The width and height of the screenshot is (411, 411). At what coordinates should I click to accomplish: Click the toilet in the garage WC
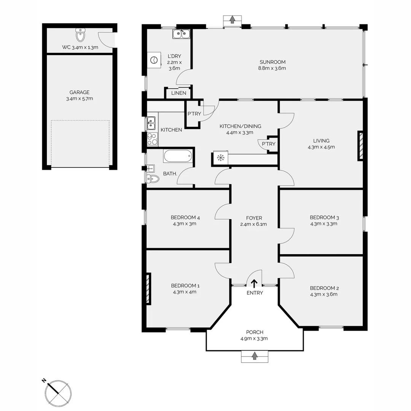pyautogui.click(x=80, y=35)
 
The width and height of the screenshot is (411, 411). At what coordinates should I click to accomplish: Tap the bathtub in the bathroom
pyautogui.click(x=178, y=156)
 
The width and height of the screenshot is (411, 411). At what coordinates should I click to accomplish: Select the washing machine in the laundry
pyautogui.click(x=154, y=60)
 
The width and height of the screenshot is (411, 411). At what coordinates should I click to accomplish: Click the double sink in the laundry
pyautogui.click(x=181, y=33)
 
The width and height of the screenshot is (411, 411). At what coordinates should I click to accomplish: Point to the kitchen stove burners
pyautogui.click(x=153, y=139)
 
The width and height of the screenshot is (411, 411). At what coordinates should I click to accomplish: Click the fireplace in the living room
pyautogui.click(x=360, y=145)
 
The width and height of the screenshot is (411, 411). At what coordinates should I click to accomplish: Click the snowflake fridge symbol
pyautogui.click(x=220, y=158)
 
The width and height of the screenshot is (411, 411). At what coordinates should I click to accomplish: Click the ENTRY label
pyautogui.click(x=255, y=293)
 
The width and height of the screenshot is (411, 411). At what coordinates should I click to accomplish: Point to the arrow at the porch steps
pyautogui.click(x=254, y=356)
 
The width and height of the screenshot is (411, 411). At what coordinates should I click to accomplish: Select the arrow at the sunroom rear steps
pyautogui.click(x=232, y=20)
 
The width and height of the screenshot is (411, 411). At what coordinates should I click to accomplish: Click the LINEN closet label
pyautogui.click(x=179, y=93)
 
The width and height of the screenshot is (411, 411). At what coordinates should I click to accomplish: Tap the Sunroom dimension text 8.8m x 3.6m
pyautogui.click(x=272, y=68)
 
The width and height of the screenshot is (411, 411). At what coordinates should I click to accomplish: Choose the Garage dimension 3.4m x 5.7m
pyautogui.click(x=80, y=99)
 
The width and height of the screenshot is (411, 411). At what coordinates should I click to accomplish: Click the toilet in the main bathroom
pyautogui.click(x=153, y=179)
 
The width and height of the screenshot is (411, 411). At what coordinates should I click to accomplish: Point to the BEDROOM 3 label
pyautogui.click(x=324, y=217)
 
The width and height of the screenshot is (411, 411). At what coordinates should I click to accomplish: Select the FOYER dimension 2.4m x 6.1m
pyautogui.click(x=253, y=224)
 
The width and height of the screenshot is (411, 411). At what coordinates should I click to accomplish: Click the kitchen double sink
pyautogui.click(x=151, y=123)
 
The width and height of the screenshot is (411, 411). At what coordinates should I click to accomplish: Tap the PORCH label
pyautogui.click(x=255, y=332)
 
